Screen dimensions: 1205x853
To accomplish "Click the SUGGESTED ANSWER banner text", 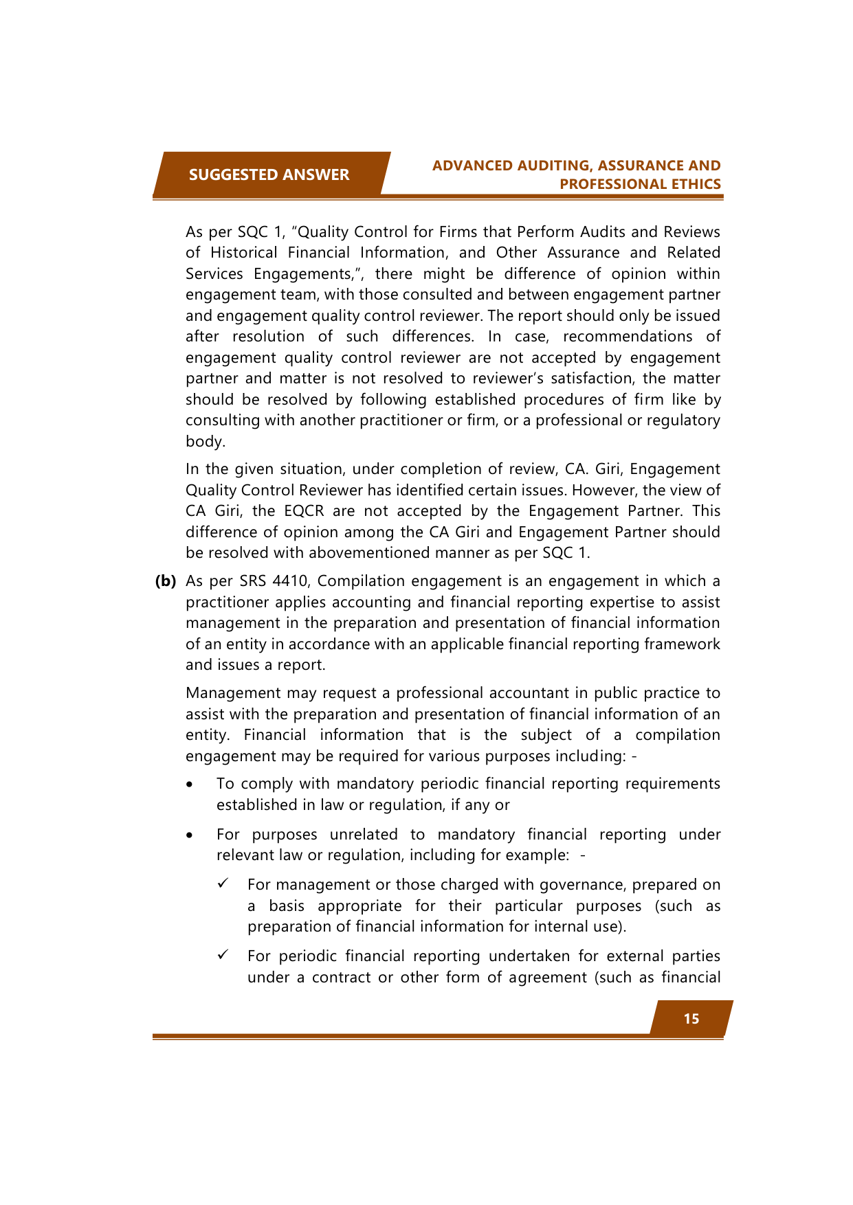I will pos(269,174).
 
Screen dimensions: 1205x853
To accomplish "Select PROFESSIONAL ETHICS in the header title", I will pos(640,184).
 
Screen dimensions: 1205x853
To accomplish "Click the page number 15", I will pos(691,1019).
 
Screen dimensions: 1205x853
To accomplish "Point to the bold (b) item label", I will pos(166,581).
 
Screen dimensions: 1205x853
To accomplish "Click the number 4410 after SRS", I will pos(290,581).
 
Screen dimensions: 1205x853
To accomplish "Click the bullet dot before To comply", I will pos(190,785).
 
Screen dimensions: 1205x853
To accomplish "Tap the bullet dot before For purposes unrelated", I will pos(190,835).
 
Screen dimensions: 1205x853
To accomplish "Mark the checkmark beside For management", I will pos(223,884).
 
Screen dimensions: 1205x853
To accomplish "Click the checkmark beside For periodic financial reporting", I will pos(223,956).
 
